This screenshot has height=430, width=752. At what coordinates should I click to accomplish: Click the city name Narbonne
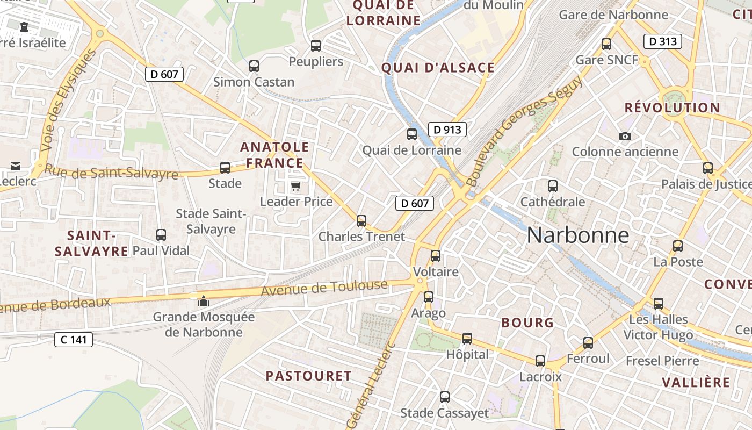[x=577, y=235]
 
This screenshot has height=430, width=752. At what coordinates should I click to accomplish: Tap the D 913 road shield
[x=447, y=130]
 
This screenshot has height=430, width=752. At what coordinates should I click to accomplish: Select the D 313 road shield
[x=662, y=41]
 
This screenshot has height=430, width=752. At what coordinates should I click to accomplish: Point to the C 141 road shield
[x=74, y=340]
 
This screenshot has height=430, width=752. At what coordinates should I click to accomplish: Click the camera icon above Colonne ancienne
[x=625, y=136]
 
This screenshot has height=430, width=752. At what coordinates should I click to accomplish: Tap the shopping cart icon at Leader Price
[x=295, y=187]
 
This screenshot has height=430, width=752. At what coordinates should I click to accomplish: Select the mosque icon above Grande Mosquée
[x=204, y=302]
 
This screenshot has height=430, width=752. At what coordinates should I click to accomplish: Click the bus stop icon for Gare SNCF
[x=606, y=44]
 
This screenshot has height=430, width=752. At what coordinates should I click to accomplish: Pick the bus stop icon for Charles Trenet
[x=361, y=220]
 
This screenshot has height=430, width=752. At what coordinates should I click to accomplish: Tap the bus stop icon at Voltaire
[x=436, y=256]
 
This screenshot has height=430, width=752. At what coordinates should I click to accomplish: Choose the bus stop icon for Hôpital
[x=467, y=339]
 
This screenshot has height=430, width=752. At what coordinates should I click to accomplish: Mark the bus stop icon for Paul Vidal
[x=161, y=235]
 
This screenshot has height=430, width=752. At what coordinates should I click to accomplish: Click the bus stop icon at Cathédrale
[x=553, y=187]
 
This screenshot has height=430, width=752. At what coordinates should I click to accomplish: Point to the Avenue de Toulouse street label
[x=324, y=288]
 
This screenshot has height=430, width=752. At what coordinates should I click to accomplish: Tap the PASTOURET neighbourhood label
[x=309, y=376]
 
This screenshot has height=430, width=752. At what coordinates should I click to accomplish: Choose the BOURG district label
[x=527, y=322]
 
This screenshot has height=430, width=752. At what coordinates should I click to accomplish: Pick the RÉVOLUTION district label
[x=672, y=107]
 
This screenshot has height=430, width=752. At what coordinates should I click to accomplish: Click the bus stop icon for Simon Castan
[x=254, y=67]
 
